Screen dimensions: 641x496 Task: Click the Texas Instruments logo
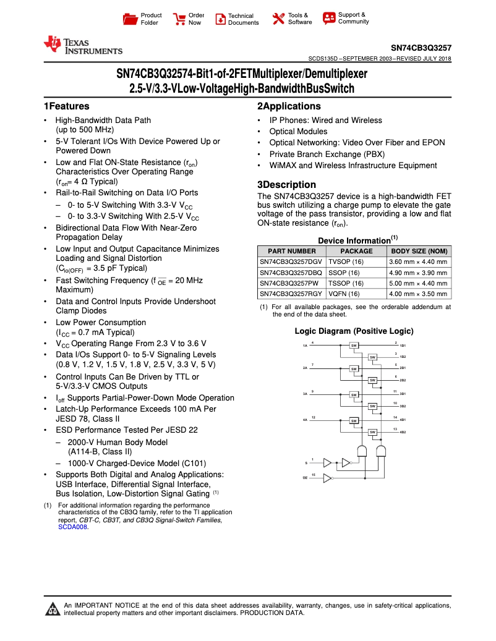click(x=82, y=46)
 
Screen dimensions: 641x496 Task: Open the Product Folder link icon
click(x=130, y=19)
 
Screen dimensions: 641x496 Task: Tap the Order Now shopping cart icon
click(x=179, y=19)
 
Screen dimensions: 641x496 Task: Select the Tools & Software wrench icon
click(x=278, y=19)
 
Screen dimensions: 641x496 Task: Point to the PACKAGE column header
click(x=357, y=252)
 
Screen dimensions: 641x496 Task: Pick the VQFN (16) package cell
click(x=344, y=294)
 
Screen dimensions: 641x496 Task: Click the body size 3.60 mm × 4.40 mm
click(x=417, y=262)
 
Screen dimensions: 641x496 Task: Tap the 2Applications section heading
click(x=289, y=106)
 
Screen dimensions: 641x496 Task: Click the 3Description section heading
click(x=286, y=185)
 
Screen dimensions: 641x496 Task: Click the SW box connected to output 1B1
click(x=354, y=345)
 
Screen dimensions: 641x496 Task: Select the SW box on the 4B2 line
click(x=373, y=431)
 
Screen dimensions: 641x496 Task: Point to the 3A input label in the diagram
click(x=305, y=394)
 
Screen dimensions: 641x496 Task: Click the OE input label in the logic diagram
click(x=305, y=478)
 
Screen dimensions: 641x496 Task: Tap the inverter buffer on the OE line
click(x=328, y=478)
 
